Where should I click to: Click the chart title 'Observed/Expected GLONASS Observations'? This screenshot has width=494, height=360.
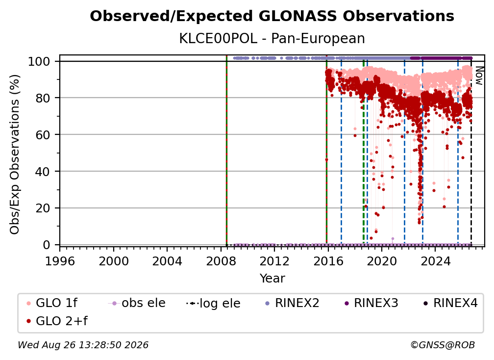[272, 16]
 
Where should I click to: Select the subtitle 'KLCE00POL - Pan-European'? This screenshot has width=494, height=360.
[272, 39]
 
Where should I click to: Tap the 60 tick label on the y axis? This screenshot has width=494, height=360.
[43, 135]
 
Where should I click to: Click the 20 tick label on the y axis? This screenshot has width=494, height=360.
[43, 208]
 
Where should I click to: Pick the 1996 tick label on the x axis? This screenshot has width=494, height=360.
[60, 261]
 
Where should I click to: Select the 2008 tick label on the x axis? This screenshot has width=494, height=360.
[221, 261]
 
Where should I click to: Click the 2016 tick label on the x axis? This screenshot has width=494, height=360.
[328, 261]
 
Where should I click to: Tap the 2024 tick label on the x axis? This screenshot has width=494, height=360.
[435, 261]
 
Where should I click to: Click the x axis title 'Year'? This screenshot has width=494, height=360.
[272, 279]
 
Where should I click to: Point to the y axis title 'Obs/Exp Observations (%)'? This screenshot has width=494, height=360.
[15, 154]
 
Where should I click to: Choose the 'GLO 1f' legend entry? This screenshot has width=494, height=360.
[52, 303]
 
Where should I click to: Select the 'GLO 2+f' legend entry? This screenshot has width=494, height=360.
[57, 321]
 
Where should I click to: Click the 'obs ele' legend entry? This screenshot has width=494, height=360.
[137, 303]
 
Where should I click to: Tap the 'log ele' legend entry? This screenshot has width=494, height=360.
[213, 304]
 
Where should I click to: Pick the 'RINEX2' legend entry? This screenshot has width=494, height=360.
[292, 303]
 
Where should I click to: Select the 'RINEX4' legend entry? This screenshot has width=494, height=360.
[450, 303]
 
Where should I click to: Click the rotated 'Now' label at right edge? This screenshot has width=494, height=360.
[479, 76]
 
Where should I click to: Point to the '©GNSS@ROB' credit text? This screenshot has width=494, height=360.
[443, 345]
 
